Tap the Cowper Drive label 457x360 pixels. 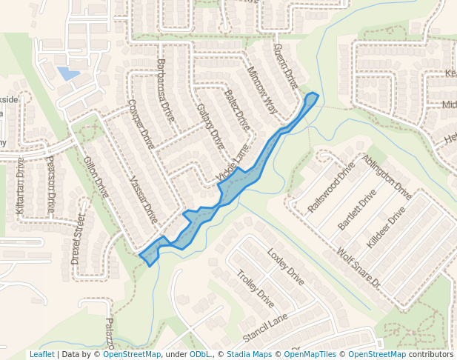140,124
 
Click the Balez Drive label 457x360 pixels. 237,110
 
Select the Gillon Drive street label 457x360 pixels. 96,177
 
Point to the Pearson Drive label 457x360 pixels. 50,184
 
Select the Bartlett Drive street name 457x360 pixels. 357,208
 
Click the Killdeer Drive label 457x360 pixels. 386,227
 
